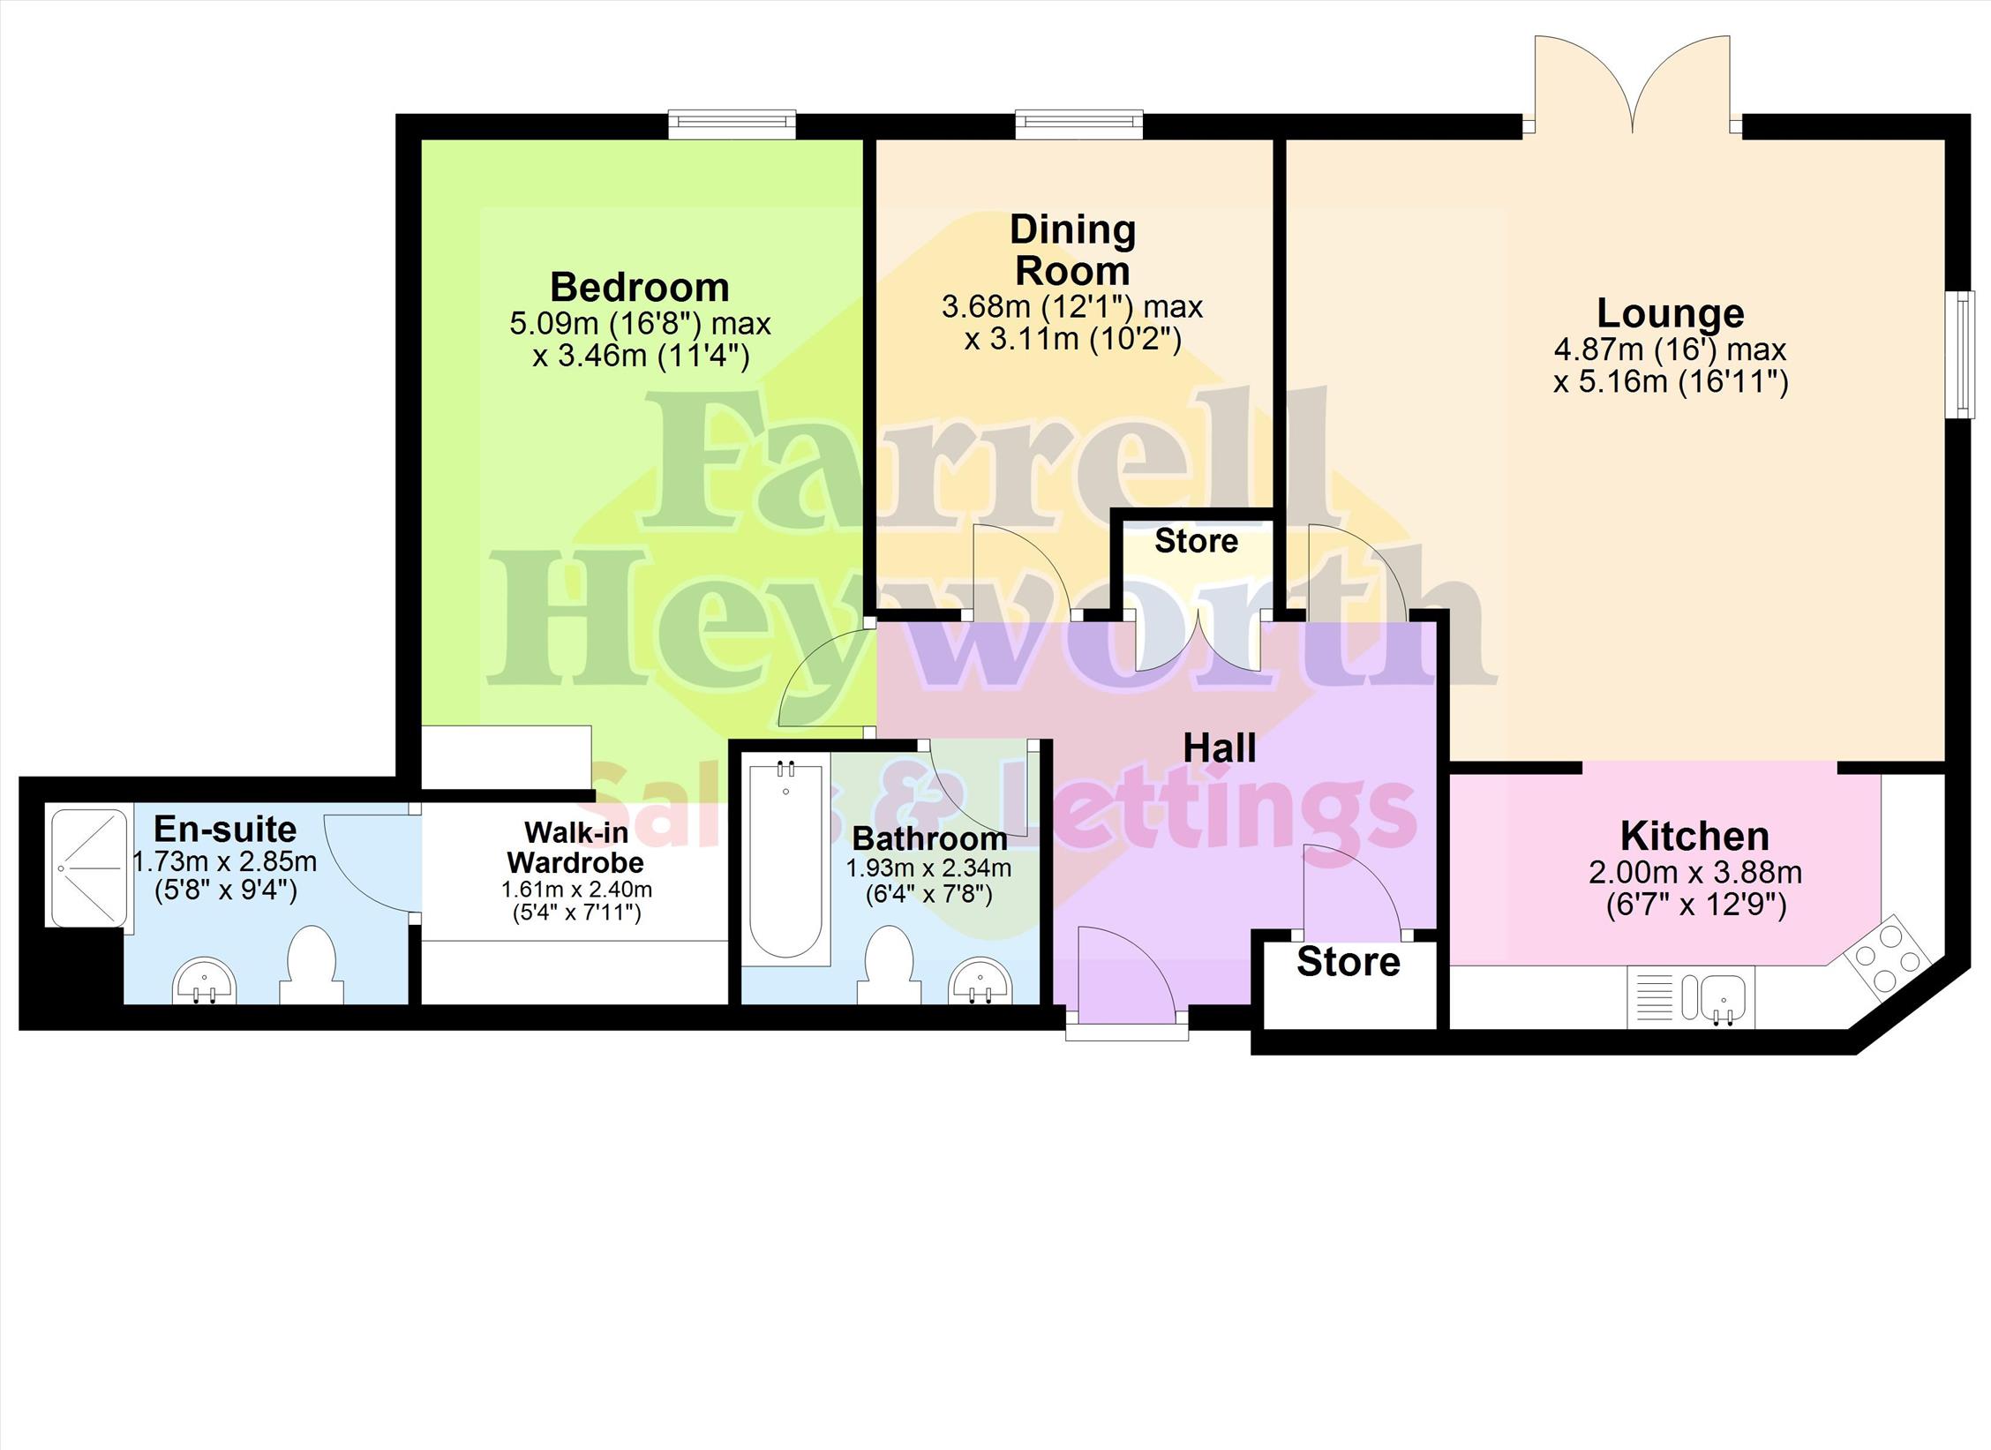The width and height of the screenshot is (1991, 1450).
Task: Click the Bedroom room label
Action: (640, 288)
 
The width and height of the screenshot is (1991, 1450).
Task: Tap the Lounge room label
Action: (1671, 313)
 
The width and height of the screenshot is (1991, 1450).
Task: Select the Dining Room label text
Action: (1072, 251)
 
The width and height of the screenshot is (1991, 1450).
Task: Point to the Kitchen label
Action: (1694, 836)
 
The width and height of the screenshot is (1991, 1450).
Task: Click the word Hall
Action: (1219, 748)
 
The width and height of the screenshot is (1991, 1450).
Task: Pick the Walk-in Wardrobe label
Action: (575, 846)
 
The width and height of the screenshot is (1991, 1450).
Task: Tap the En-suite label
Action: (225, 830)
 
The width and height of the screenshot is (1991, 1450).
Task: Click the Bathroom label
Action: (929, 838)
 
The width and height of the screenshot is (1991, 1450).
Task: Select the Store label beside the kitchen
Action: (1348, 962)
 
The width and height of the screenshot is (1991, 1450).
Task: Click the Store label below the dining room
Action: (1196, 541)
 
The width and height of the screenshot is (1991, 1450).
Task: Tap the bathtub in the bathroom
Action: (785, 861)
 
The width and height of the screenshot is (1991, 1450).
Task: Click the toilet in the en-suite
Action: (311, 965)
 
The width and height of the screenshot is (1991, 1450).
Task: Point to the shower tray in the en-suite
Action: (89, 868)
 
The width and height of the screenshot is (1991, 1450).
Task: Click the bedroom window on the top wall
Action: (732, 124)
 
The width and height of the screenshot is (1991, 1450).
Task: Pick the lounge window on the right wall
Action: (1961, 355)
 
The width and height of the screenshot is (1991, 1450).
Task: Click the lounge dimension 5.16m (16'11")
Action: (1671, 383)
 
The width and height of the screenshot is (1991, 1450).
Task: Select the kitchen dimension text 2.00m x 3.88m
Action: (1694, 873)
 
